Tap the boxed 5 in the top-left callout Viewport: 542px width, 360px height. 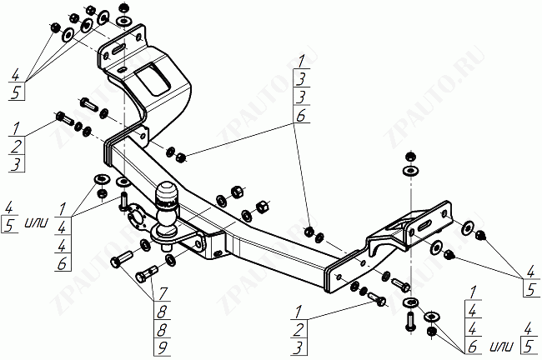[x=17, y=92]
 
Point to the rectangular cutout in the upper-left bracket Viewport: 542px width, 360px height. [x=153, y=80]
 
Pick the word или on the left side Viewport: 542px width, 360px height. [x=35, y=222]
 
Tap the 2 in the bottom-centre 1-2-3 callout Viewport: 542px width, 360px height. [x=299, y=328]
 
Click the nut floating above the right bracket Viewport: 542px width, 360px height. [x=409, y=157]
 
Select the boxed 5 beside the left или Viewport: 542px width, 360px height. [x=10, y=223]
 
